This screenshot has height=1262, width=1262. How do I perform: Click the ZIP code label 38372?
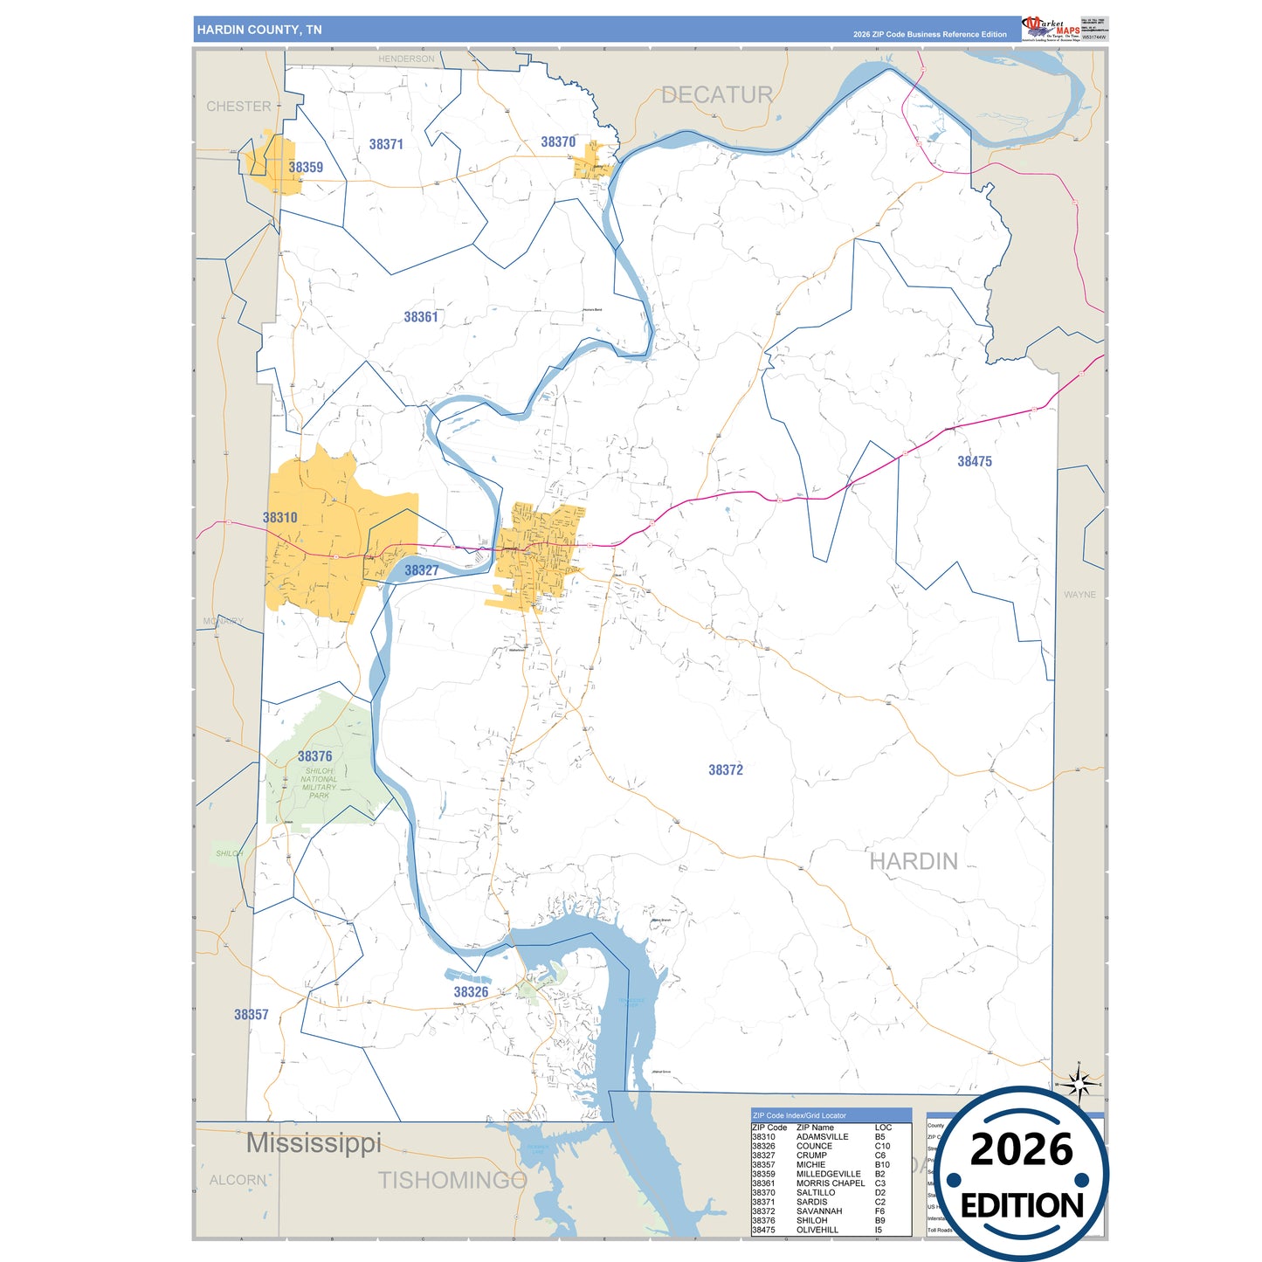725,769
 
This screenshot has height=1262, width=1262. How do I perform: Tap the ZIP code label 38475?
974,461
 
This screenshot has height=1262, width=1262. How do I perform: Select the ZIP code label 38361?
420,317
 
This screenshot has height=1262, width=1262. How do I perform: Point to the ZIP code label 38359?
306,167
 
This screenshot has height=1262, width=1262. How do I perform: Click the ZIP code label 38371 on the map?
386,144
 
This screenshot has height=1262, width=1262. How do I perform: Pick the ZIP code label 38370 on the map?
557,141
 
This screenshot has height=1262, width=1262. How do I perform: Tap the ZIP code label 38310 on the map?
279,517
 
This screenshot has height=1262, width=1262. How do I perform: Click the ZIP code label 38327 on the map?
421,570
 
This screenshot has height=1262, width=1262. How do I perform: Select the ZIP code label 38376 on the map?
314,756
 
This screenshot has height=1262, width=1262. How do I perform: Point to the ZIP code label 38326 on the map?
471,992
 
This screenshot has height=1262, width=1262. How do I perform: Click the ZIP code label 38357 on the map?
251,1014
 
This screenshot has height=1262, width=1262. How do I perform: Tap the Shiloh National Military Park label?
319,783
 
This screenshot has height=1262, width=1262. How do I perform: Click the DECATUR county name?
716,94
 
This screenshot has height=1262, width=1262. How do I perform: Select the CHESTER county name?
238,107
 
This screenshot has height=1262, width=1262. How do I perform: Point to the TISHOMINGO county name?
452,1180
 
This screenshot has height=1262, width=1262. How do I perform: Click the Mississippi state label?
314,1142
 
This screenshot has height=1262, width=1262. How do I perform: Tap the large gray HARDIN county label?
914,861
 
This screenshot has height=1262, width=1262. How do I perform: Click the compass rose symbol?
1079,1085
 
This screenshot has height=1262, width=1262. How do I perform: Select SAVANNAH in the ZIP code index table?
818,1211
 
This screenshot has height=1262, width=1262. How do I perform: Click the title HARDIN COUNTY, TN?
259,30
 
